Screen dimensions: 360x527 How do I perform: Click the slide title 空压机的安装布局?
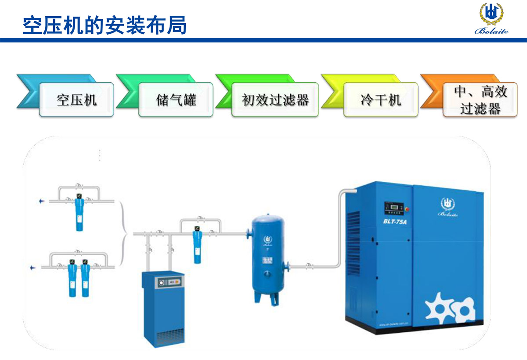click(105, 25)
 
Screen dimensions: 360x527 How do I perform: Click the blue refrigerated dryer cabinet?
click(163, 307)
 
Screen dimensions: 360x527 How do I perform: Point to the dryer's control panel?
click(169, 282)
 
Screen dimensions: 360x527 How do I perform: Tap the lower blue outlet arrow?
click(32, 267)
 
